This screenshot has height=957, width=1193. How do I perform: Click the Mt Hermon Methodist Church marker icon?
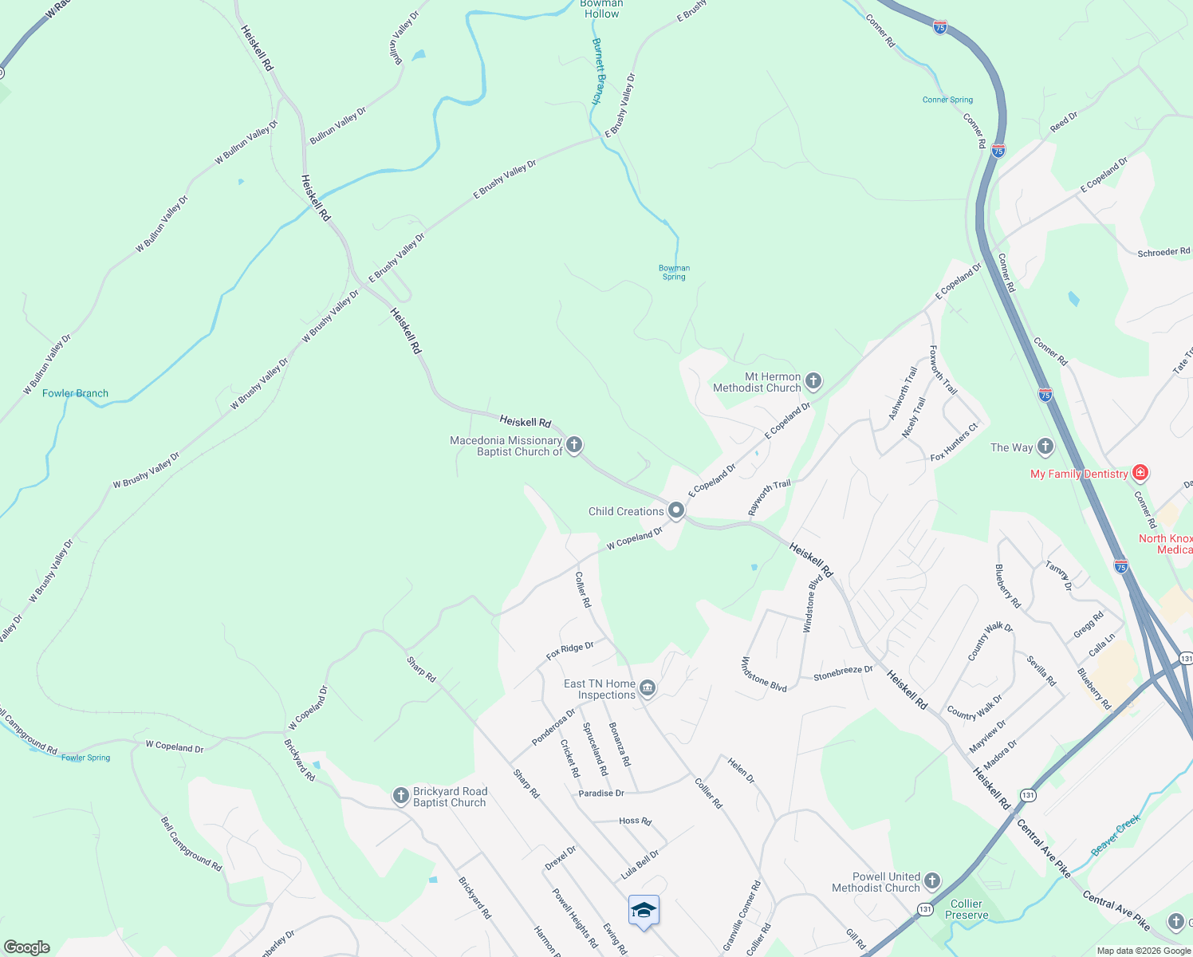coord(813,381)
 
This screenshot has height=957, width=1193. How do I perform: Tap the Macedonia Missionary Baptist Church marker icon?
coord(574,445)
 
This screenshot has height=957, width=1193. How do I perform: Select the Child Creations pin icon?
coord(676,510)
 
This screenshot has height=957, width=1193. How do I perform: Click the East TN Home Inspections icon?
coord(648,688)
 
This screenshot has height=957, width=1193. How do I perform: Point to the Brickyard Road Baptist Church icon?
coord(401,796)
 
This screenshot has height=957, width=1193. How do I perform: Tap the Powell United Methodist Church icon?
coord(931,881)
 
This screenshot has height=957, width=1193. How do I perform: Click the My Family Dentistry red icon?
coord(1140,473)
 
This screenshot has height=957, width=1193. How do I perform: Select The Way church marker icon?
coord(1045,447)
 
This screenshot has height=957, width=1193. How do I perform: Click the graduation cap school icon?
coord(644,910)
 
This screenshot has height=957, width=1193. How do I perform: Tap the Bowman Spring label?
coord(674,273)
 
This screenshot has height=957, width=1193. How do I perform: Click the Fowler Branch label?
coord(75,393)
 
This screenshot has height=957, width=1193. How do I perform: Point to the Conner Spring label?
coord(947,100)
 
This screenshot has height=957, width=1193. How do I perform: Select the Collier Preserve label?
coord(967,909)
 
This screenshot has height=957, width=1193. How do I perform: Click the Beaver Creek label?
coord(1116,835)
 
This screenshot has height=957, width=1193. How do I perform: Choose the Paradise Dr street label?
coord(601,794)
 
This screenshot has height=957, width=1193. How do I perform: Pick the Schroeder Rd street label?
coord(1163,252)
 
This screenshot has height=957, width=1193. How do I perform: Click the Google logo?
coord(27,947)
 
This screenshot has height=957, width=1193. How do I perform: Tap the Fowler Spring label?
coord(86,758)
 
